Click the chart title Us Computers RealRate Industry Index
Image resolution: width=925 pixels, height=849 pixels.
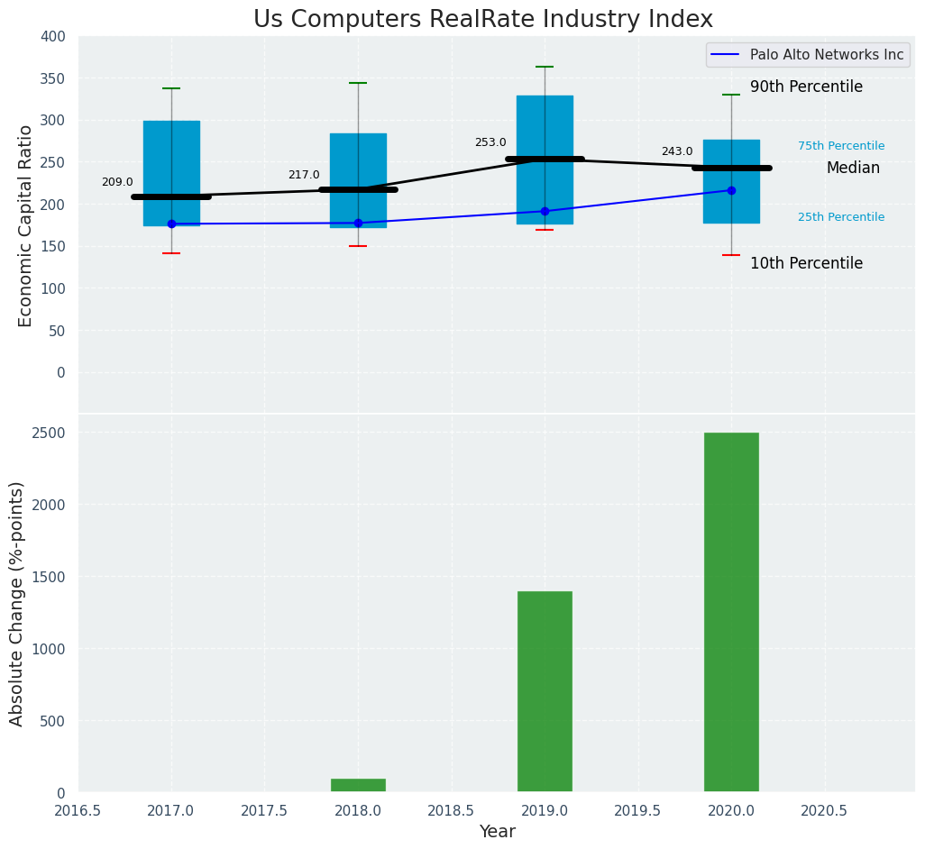(482, 20)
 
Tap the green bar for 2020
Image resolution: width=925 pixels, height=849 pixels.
(731, 612)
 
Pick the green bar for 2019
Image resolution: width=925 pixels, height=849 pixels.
(545, 691)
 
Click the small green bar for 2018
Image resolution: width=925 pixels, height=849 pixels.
(358, 785)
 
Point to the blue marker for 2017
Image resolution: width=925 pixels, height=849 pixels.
(171, 224)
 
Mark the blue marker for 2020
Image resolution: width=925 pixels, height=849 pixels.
(731, 190)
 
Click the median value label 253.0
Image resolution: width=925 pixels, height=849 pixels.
(490, 142)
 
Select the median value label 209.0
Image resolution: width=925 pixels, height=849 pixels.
(117, 182)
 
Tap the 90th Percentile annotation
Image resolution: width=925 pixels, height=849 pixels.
(806, 87)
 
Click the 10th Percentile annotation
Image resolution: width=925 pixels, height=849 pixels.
(806, 264)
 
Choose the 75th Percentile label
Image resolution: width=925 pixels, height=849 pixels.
(840, 146)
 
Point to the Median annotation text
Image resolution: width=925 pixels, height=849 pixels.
(853, 169)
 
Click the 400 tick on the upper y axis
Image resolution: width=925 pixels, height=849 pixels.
(53, 36)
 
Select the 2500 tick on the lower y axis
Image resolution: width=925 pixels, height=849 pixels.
(50, 433)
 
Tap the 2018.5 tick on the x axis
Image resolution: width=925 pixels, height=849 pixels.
(451, 811)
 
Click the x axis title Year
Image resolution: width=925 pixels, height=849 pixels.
(497, 832)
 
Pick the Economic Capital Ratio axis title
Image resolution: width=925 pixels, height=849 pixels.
(26, 225)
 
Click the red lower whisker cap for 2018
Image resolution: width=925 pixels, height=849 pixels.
(358, 246)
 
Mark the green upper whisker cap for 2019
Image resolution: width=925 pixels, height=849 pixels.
(545, 67)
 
